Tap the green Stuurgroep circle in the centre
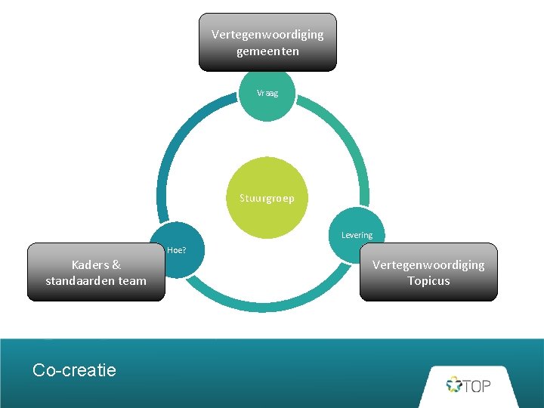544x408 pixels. click(267, 198)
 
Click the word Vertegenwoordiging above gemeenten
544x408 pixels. click(267, 35)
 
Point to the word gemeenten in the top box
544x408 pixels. click(267, 51)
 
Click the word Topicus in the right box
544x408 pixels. click(428, 281)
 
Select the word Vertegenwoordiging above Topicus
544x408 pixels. click(428, 264)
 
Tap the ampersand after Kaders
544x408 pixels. click(116, 264)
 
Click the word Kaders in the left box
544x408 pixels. click(90, 264)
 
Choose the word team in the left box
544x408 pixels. click(132, 281)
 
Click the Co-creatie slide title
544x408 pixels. click(74, 369)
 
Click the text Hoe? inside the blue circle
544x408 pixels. click(176, 250)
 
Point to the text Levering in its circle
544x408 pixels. click(357, 235)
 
